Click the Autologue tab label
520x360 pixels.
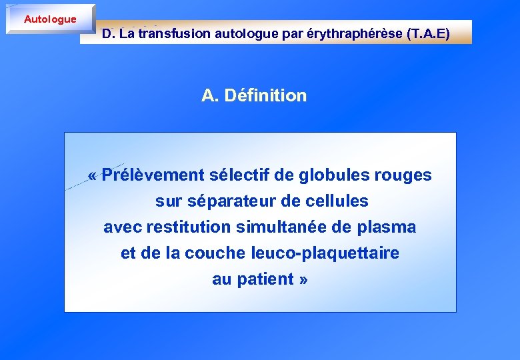click(x=50, y=19)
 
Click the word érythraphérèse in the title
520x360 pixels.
click(x=354, y=33)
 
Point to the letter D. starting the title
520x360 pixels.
click(x=107, y=33)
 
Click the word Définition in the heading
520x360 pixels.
click(x=265, y=95)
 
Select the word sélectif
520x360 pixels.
click(x=239, y=175)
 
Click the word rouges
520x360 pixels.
click(x=403, y=175)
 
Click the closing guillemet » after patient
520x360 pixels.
click(x=303, y=279)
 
